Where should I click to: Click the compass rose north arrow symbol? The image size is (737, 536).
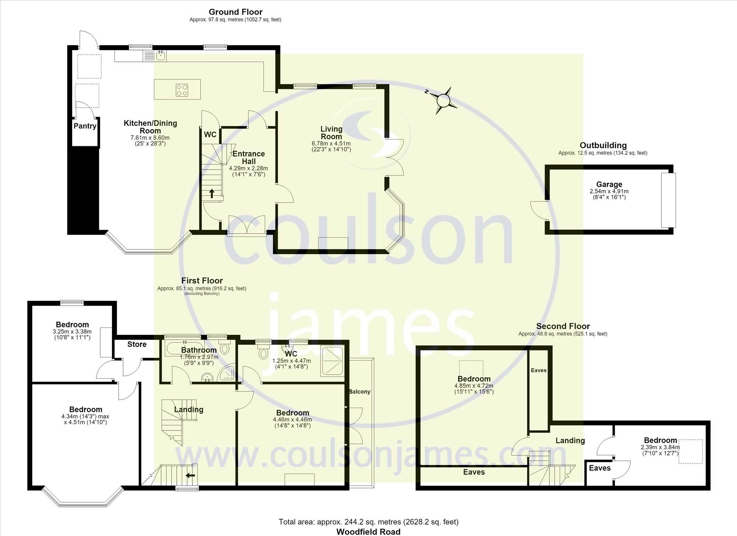click(x=444, y=100)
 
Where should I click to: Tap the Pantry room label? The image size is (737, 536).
click(x=85, y=126)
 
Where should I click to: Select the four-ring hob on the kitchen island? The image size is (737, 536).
click(x=182, y=90)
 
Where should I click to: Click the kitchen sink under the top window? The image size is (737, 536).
click(x=161, y=56)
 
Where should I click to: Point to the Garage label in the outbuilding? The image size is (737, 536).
click(x=609, y=184)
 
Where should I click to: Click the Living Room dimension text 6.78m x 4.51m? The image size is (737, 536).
click(x=331, y=143)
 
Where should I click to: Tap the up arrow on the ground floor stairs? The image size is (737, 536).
click(x=212, y=193)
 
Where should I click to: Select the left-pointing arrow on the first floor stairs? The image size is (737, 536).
click(x=190, y=476)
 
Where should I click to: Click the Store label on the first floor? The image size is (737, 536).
click(x=137, y=344)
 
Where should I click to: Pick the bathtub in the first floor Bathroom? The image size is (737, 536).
click(x=182, y=347)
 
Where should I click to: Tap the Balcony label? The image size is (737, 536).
click(x=359, y=392)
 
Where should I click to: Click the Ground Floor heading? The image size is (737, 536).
click(x=235, y=12)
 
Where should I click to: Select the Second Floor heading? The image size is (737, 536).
click(x=563, y=326)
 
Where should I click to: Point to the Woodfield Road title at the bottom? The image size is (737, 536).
click(x=368, y=532)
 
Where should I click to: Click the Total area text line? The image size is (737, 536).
click(x=368, y=522)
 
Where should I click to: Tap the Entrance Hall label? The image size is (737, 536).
click(x=249, y=158)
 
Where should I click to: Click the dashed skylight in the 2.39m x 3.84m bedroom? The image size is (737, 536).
click(x=691, y=451)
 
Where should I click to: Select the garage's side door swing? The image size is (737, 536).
click(x=538, y=211)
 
